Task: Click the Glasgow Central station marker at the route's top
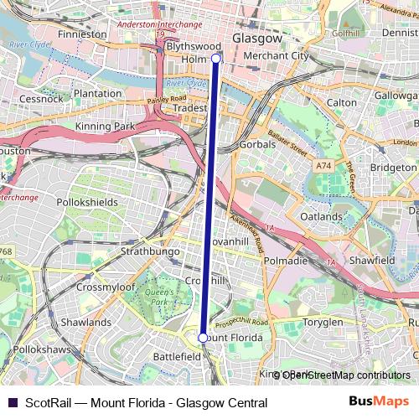pos(216,59)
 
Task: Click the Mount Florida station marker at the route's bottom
pos(202,338)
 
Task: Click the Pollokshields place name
pos(88,203)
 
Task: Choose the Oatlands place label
pos(322,216)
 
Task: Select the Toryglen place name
pos(323,322)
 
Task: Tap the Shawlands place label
pos(85,322)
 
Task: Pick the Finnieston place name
pos(83,35)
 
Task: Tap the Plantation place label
pos(97,94)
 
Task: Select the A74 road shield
pos(323,167)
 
